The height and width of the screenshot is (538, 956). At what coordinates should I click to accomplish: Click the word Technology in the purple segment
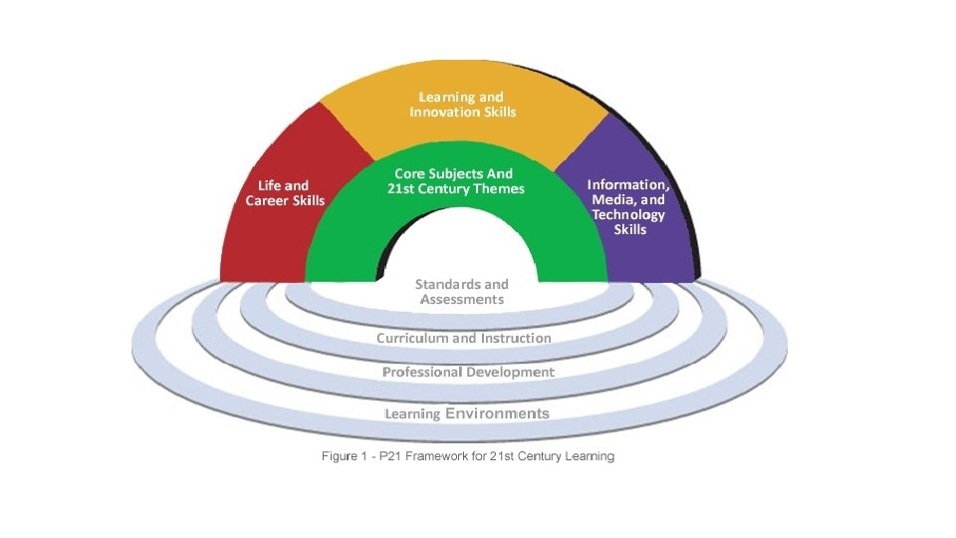tap(628, 214)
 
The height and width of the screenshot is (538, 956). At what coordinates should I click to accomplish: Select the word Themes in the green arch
tap(496, 188)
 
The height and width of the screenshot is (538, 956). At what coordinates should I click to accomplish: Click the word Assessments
tap(462, 299)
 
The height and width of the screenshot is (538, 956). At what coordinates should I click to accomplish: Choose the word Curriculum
tap(411, 338)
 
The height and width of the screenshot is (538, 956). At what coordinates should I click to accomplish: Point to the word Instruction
tap(516, 338)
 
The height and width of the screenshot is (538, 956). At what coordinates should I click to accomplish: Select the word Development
tap(512, 372)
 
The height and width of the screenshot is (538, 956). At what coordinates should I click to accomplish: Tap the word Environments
tap(498, 412)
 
